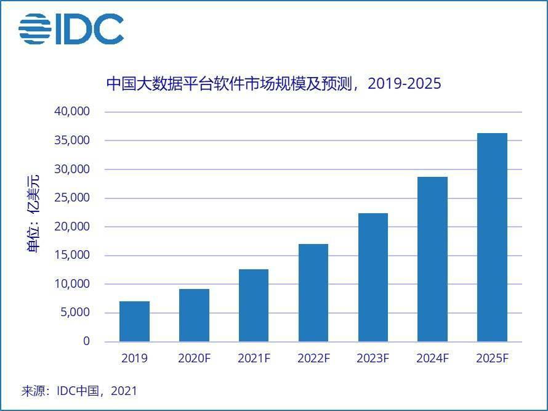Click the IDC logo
coord(71,29)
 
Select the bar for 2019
coord(134,321)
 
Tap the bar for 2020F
coord(194,315)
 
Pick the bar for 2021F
coord(254,305)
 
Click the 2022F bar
coord(313,293)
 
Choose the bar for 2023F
coord(373,277)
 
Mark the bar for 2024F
coord(432,259)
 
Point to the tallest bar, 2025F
coord(492,237)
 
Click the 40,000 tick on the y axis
coord(73,112)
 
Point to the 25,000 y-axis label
coord(73,198)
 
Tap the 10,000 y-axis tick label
coord(73,284)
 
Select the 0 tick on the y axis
coord(86,341)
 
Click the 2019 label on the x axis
coord(134,358)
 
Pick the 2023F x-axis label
coord(373,358)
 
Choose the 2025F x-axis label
coord(492,358)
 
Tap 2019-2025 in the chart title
coord(405,83)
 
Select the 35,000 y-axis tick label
coord(73,140)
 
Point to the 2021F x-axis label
coord(254,358)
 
